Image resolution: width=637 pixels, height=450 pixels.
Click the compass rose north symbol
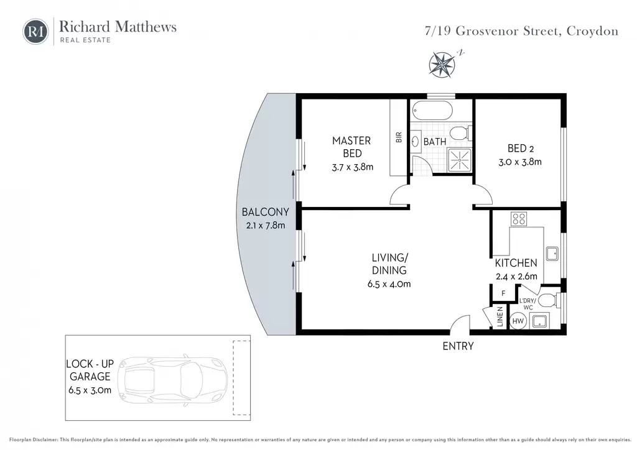[x=442, y=64]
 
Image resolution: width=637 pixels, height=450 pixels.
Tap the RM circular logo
[x=35, y=31]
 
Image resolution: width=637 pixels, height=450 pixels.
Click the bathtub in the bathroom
[x=432, y=111]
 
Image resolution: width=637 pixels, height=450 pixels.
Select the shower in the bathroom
[x=460, y=160]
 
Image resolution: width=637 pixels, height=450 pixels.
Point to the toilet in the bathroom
[x=461, y=133]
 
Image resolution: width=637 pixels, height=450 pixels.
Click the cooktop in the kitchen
[x=519, y=219]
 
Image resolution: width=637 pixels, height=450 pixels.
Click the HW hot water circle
[x=518, y=321]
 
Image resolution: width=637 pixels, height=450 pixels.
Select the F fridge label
[x=503, y=293]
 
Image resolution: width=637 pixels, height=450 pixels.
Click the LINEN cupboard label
[x=500, y=316]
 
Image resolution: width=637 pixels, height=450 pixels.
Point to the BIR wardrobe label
[x=399, y=137]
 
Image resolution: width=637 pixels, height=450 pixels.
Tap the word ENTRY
[x=458, y=346]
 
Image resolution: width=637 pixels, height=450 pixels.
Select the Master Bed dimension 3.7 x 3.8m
[x=352, y=167]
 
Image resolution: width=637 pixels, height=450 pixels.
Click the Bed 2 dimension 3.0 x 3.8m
[x=520, y=162]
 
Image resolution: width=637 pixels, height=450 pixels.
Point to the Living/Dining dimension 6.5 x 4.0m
[x=389, y=284]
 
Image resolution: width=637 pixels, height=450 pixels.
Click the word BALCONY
[x=265, y=212]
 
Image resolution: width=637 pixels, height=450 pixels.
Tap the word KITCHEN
[x=516, y=263]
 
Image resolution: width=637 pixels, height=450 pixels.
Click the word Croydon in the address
[x=592, y=31]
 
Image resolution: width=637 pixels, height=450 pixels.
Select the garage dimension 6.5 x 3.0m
[x=90, y=390]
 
